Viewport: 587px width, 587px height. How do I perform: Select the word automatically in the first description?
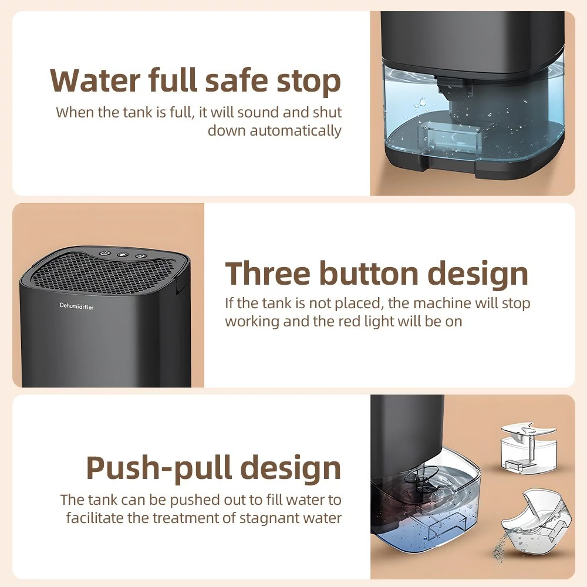coord(295,131)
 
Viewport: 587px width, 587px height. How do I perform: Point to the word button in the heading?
coord(369,274)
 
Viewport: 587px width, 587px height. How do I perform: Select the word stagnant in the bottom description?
coord(271,518)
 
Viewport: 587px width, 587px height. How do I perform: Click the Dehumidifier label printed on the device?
coord(76,306)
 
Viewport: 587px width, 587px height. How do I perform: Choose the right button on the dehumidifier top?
coord(140,256)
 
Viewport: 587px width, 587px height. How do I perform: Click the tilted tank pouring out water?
coord(536,519)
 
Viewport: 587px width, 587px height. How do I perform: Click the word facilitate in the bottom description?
coord(95,518)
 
